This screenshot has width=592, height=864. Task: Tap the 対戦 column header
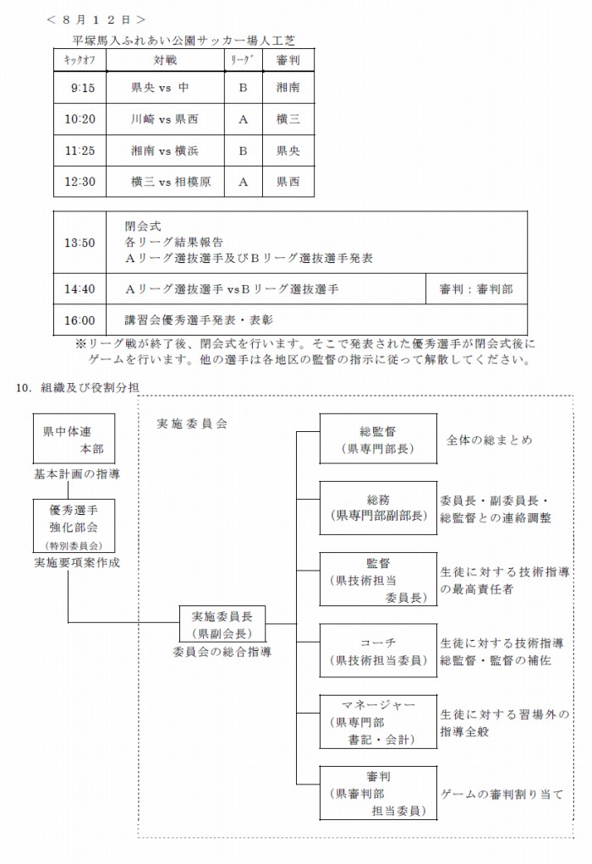(165, 60)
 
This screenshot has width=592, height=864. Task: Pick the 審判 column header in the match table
(288, 60)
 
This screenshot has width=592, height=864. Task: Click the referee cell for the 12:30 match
(288, 182)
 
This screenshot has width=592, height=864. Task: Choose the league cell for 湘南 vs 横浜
(244, 150)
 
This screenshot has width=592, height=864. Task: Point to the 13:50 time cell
(79, 243)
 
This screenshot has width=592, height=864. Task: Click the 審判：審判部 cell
(476, 289)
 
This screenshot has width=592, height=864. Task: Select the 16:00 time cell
(79, 320)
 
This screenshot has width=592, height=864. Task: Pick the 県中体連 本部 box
(74, 440)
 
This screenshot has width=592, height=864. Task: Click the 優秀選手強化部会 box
(74, 526)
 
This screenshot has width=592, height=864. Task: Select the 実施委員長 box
(222, 624)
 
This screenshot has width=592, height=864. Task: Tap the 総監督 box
(378, 439)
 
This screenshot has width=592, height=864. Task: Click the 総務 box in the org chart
(378, 507)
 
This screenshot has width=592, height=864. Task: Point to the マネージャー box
(378, 721)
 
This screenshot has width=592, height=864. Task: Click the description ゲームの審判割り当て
(502, 795)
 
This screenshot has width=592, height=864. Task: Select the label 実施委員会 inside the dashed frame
(192, 423)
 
